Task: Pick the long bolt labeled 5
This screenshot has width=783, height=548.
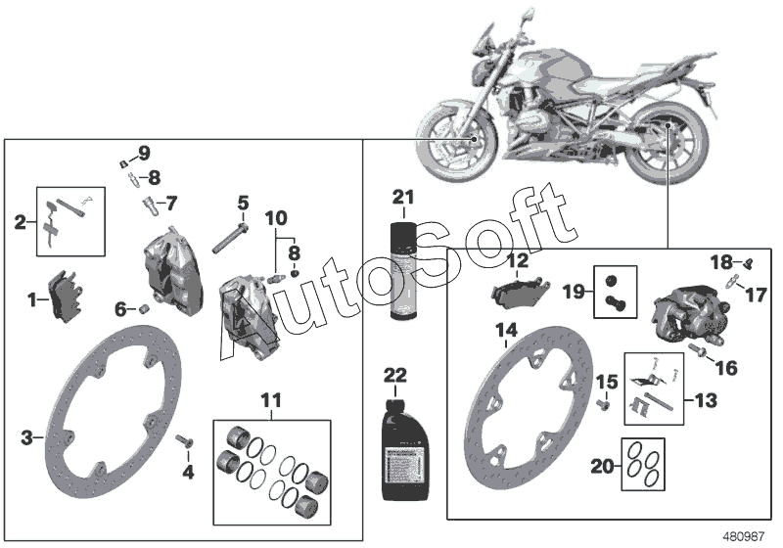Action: (x=226, y=236)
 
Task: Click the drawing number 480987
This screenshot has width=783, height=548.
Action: (x=743, y=536)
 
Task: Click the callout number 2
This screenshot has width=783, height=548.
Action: (x=20, y=221)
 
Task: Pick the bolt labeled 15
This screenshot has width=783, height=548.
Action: (x=604, y=401)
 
